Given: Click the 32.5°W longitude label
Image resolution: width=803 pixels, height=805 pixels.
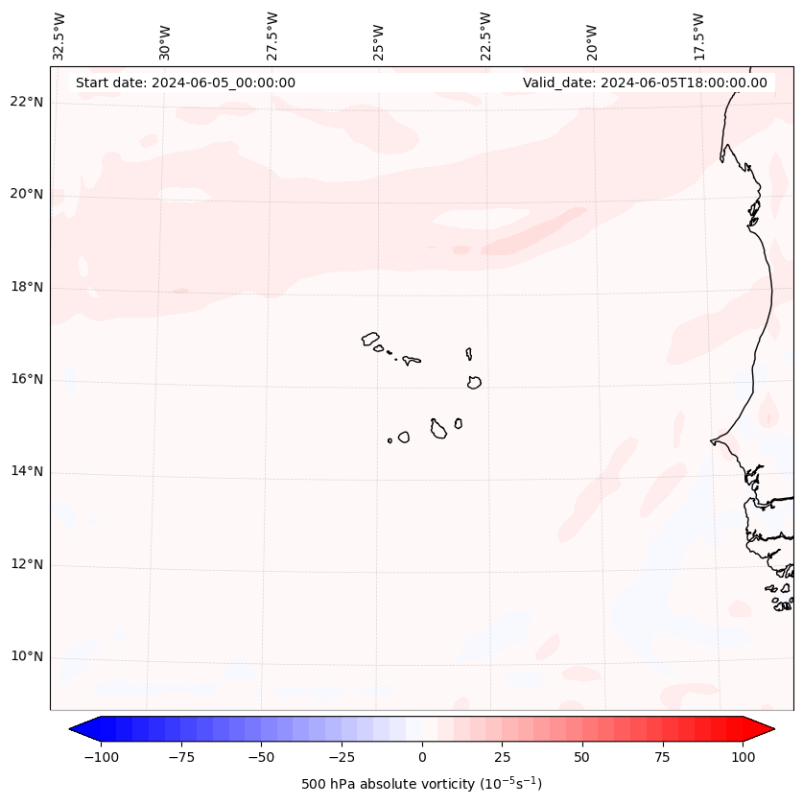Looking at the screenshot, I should [59, 36].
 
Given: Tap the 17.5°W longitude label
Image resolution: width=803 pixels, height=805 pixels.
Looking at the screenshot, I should [698, 36].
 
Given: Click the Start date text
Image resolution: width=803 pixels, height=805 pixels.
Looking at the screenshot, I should [185, 83].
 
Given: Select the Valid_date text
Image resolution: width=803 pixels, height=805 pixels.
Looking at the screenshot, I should [645, 83].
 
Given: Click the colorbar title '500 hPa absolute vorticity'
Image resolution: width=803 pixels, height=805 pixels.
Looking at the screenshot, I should [421, 785].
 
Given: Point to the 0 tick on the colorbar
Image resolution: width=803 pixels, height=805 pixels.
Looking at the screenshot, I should [422, 757].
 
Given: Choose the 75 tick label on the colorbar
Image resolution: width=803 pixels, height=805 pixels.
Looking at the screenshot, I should [662, 757].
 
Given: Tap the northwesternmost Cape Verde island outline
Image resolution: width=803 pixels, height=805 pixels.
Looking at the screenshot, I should [370, 339].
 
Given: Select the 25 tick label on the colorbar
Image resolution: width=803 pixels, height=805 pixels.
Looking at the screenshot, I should [502, 757].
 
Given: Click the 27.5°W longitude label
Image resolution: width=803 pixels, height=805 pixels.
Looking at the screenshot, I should [272, 36].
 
